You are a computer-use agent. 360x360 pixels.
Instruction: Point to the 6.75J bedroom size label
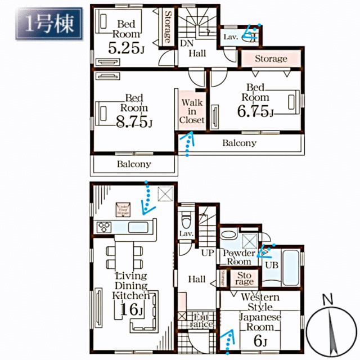pos(254,112)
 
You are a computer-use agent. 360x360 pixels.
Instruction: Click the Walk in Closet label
pos(192,111)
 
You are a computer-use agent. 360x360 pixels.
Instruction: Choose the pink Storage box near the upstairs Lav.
pos(271,58)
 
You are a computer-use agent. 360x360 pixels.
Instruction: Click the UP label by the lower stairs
pos(207,253)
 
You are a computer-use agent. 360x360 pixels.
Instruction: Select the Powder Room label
pos(239,257)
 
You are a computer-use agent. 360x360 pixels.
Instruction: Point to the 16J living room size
pos(130,309)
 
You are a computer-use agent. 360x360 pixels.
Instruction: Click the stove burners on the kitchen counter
pos(105,227)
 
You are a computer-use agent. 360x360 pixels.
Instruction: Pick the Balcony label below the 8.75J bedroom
pos(133,164)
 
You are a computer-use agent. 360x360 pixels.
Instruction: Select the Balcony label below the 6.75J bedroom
pos(239,143)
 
